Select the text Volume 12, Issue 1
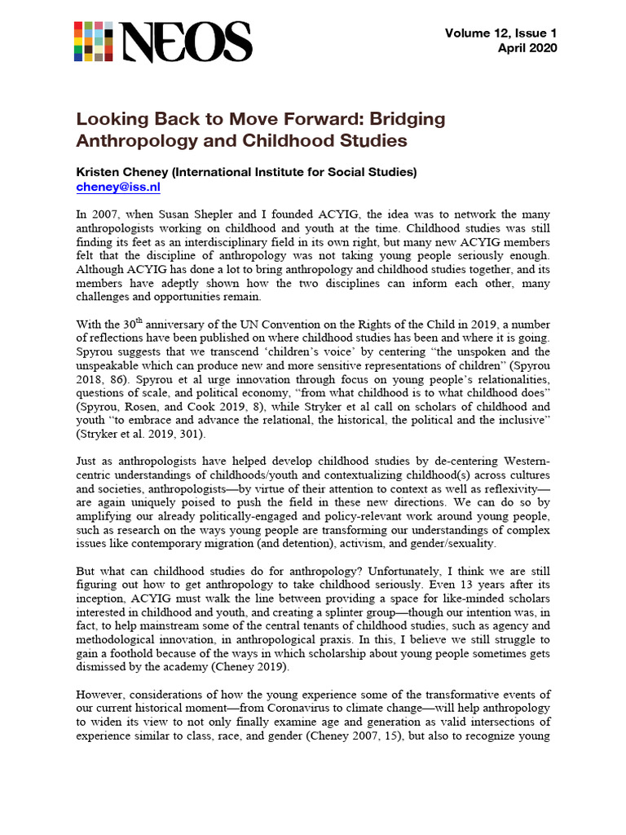point(500,33)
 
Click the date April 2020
point(527,48)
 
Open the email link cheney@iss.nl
point(113,187)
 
